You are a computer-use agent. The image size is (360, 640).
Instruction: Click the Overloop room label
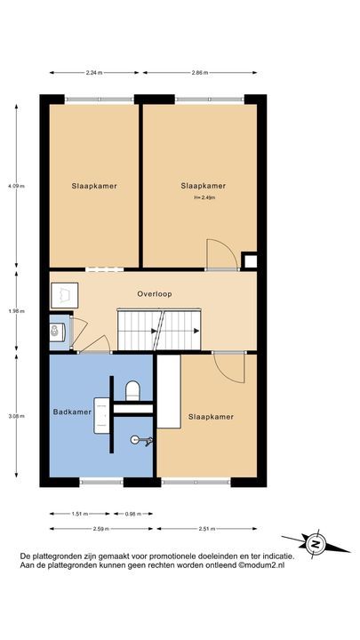click(154, 293)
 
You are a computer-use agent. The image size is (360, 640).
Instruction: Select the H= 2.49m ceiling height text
click(204, 198)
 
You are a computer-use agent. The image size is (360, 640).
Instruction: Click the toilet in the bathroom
click(133, 390)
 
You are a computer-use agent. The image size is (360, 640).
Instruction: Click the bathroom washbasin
click(102, 413)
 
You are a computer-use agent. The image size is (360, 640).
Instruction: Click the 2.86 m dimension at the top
click(198, 72)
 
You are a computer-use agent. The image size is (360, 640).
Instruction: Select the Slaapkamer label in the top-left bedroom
click(94, 186)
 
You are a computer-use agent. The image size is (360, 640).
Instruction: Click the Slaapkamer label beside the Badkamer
click(210, 416)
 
